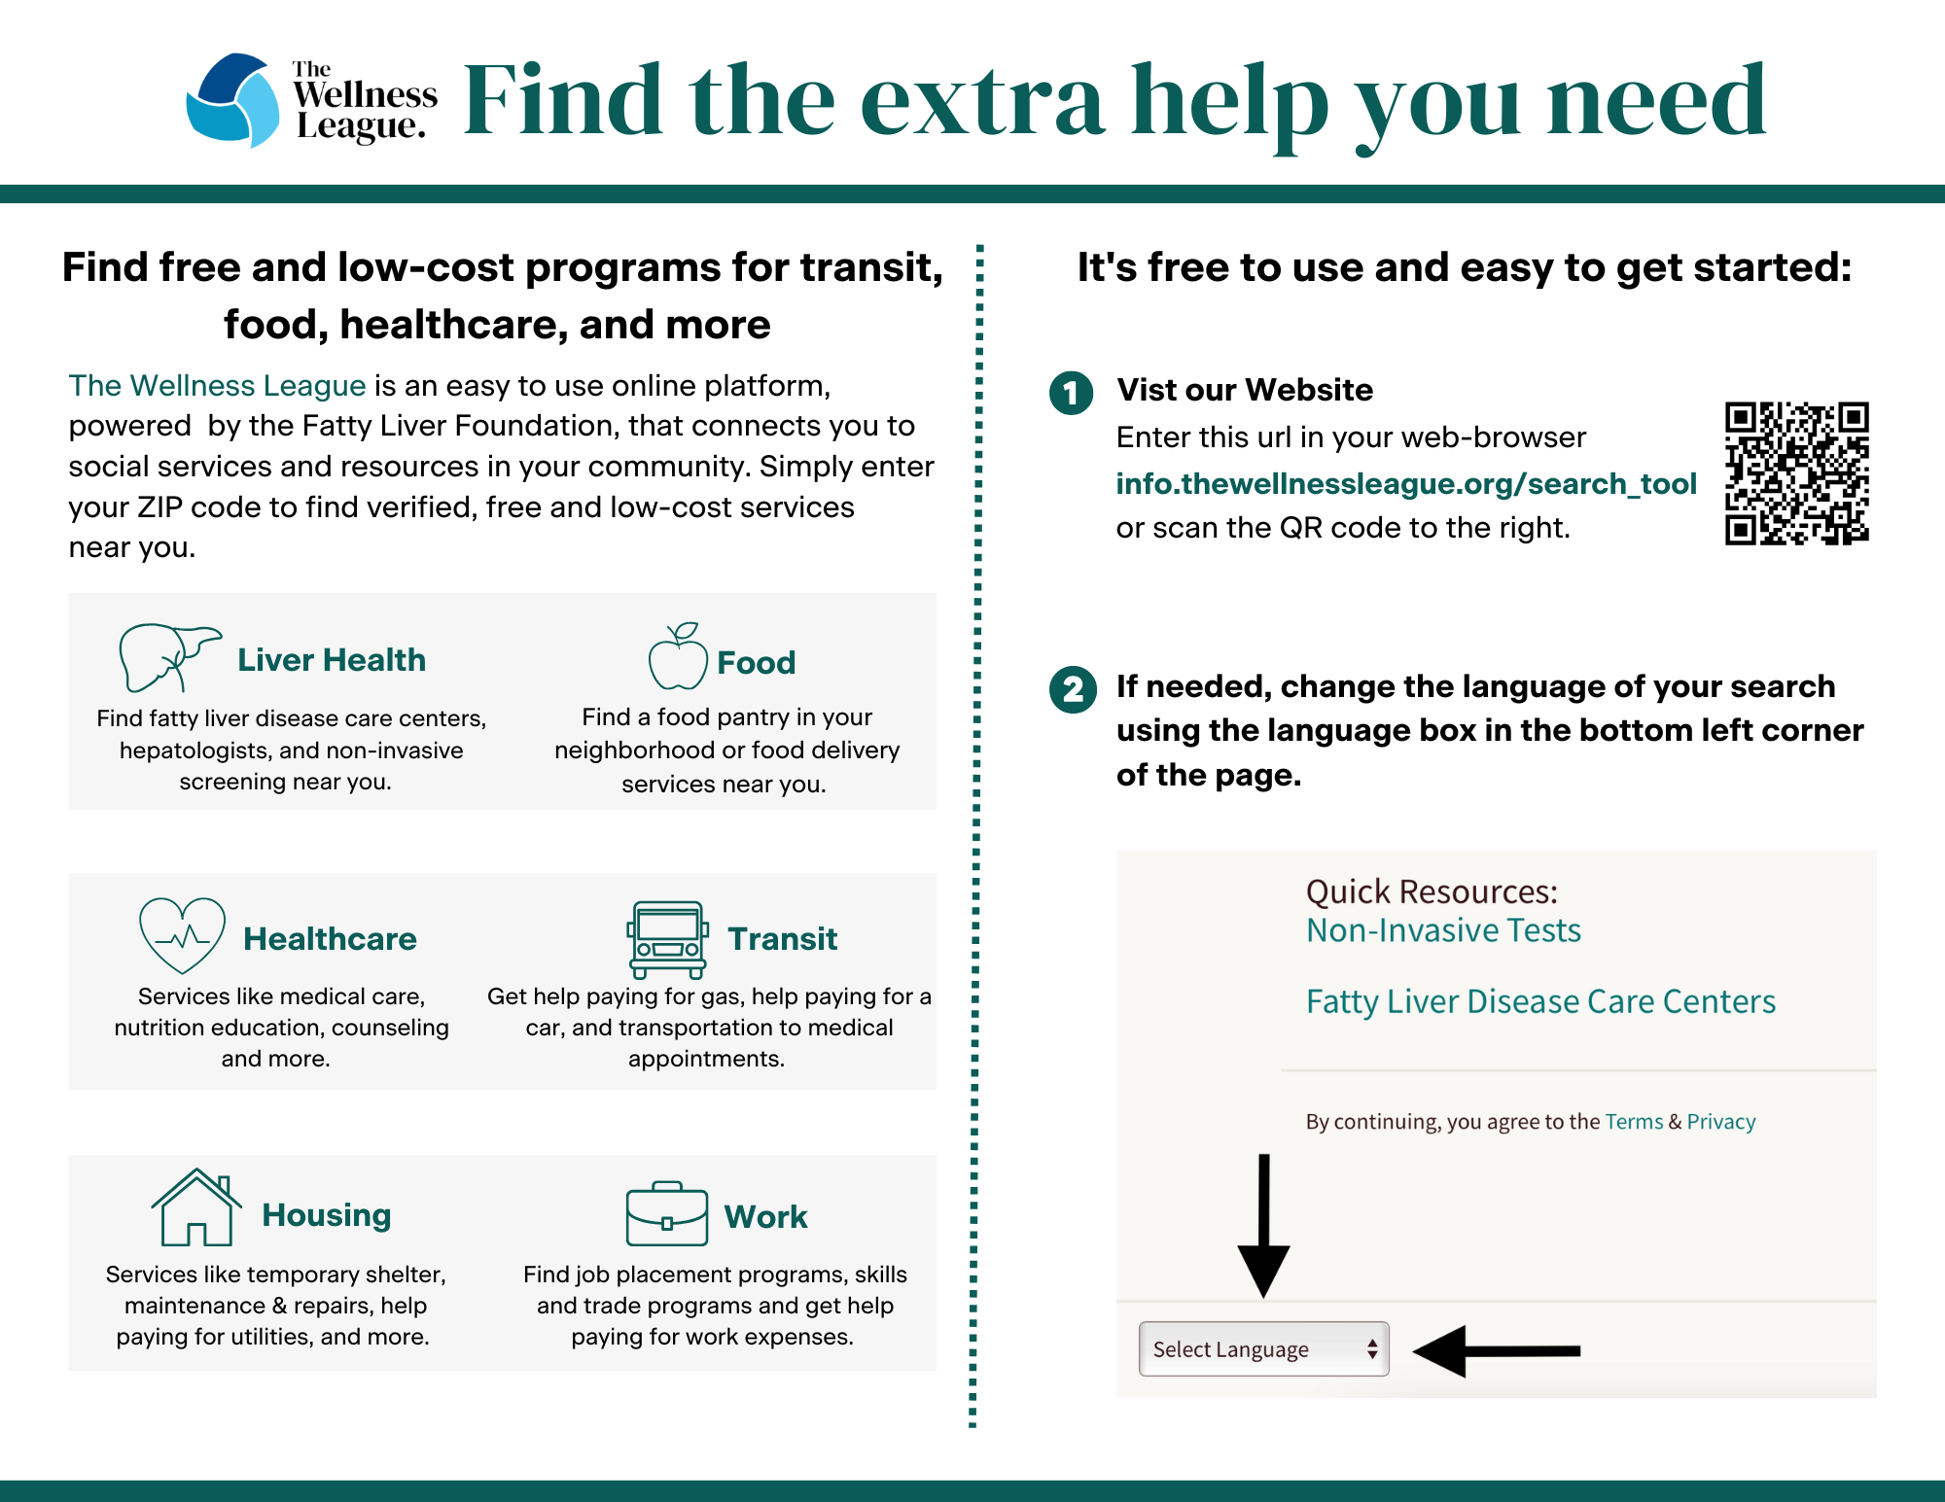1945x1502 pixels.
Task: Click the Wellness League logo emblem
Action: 232,100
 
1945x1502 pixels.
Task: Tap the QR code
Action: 1797,473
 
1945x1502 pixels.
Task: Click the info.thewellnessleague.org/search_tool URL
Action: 1406,483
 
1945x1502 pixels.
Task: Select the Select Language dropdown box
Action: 1263,1348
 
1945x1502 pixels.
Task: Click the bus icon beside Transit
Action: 668,939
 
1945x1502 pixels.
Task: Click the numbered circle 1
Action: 1072,393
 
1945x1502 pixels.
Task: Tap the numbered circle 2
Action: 1073,690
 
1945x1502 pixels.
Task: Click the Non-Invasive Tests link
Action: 1443,930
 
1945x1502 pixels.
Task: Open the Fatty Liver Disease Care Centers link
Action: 1540,1001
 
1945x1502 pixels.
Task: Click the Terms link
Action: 1634,1122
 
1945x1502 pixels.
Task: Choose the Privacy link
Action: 1721,1122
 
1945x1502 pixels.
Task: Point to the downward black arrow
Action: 1263,1226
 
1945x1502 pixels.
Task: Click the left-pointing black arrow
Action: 1497,1350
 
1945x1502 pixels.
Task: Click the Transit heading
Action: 783,938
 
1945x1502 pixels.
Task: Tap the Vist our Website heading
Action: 1245,390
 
